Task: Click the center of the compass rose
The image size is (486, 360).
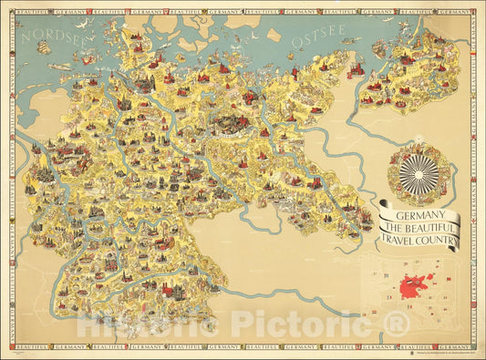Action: point(419,171)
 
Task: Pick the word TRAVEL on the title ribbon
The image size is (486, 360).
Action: point(408,242)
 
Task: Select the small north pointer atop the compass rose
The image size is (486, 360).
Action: point(419,145)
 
